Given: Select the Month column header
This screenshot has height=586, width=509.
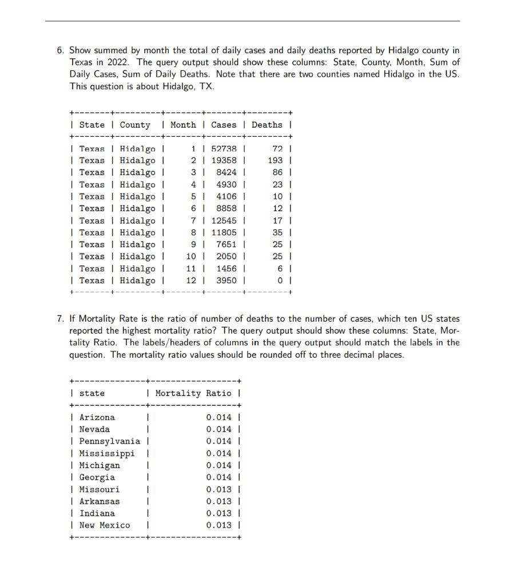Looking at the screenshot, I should [183, 125].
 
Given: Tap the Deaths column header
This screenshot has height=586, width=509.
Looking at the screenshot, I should [267, 125].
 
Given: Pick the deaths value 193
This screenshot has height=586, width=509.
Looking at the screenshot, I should [276, 160].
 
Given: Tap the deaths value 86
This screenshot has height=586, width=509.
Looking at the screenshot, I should [278, 172].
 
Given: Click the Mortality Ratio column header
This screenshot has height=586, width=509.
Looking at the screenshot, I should [193, 393].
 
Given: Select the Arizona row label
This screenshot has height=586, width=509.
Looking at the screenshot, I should [97, 417].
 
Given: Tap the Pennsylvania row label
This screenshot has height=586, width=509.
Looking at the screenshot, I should [109, 441].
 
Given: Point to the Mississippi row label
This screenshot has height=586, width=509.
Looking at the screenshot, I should [107, 453].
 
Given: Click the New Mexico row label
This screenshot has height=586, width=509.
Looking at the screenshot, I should [104, 525].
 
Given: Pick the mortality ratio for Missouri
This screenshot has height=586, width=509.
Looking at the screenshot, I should [219, 489].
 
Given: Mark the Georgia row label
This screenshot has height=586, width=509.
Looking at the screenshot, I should [97, 477].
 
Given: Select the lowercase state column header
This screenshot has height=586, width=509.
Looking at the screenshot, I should [92, 393].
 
